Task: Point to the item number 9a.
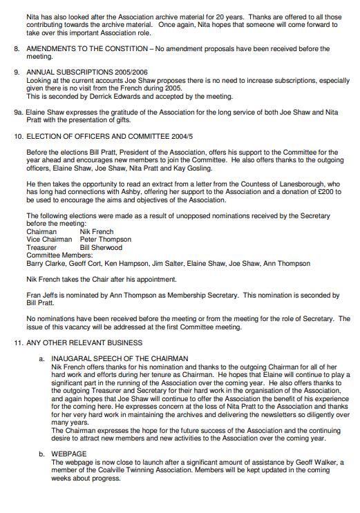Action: point(18,111)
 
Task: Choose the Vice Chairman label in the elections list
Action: point(48,239)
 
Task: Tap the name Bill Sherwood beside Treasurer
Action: point(101,247)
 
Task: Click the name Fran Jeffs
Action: point(41,295)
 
